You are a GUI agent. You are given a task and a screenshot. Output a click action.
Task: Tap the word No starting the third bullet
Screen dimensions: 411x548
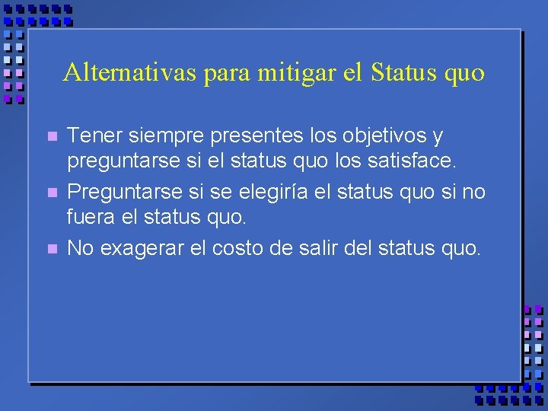click(x=79, y=247)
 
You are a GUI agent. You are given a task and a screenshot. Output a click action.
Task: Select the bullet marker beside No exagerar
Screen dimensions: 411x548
click(x=51, y=249)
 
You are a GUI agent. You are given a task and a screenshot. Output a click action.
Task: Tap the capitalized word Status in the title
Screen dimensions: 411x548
click(x=401, y=72)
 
